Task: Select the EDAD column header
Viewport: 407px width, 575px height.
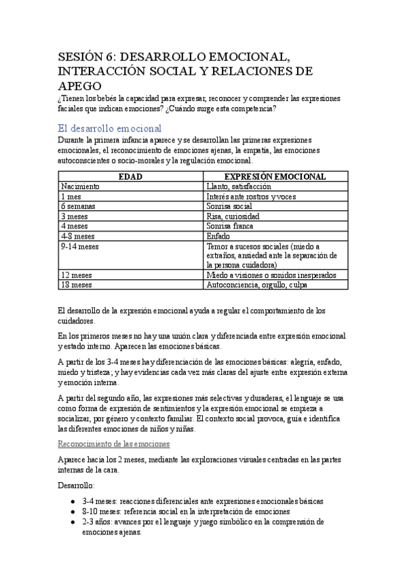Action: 130,176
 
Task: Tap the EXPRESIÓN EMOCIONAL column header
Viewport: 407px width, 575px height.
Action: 275,176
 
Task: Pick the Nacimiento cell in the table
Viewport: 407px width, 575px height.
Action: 81,186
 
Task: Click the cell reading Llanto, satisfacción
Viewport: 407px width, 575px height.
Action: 239,186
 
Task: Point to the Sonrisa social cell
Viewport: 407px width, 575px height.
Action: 230,205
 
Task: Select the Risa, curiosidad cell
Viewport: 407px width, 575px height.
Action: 233,216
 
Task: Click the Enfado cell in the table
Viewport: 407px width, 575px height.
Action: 218,236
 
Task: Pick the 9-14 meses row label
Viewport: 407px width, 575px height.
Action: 80,246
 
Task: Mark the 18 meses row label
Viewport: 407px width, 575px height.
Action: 76,285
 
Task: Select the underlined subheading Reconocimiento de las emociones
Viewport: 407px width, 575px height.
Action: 114,443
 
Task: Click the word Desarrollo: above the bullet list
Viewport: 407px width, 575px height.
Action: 77,486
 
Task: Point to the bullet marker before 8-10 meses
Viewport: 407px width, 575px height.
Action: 73,512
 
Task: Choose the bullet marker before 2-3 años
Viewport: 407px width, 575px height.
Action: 73,522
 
